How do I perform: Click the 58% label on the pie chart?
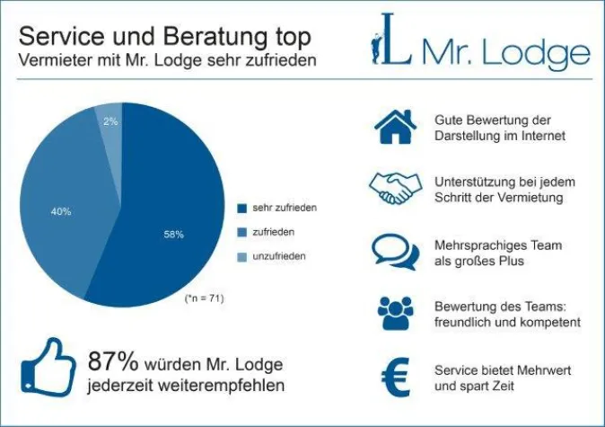(173, 235)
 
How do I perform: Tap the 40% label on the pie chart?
(60, 211)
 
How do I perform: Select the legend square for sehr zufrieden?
(241, 209)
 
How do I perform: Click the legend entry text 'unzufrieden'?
(278, 256)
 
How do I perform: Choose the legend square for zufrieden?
(241, 233)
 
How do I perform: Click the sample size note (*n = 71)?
(204, 298)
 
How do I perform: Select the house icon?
(396, 127)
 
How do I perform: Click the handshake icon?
(395, 187)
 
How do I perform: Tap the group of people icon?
(396, 312)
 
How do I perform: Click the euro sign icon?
(396, 377)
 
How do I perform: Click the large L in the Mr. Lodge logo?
(394, 41)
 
